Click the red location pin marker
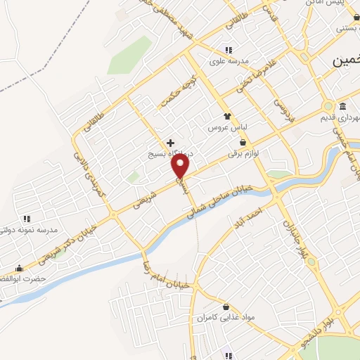pos(181,166)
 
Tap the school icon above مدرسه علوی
pos(228,50)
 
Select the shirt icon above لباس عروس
pos(226,117)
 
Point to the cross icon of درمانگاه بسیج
pos(170,142)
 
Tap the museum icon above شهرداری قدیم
pos(342,106)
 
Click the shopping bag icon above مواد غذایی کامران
pos(225,307)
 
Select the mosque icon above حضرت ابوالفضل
pos(19,268)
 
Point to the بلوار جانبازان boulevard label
pos(290,236)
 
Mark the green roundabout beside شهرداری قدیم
pos(328,107)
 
